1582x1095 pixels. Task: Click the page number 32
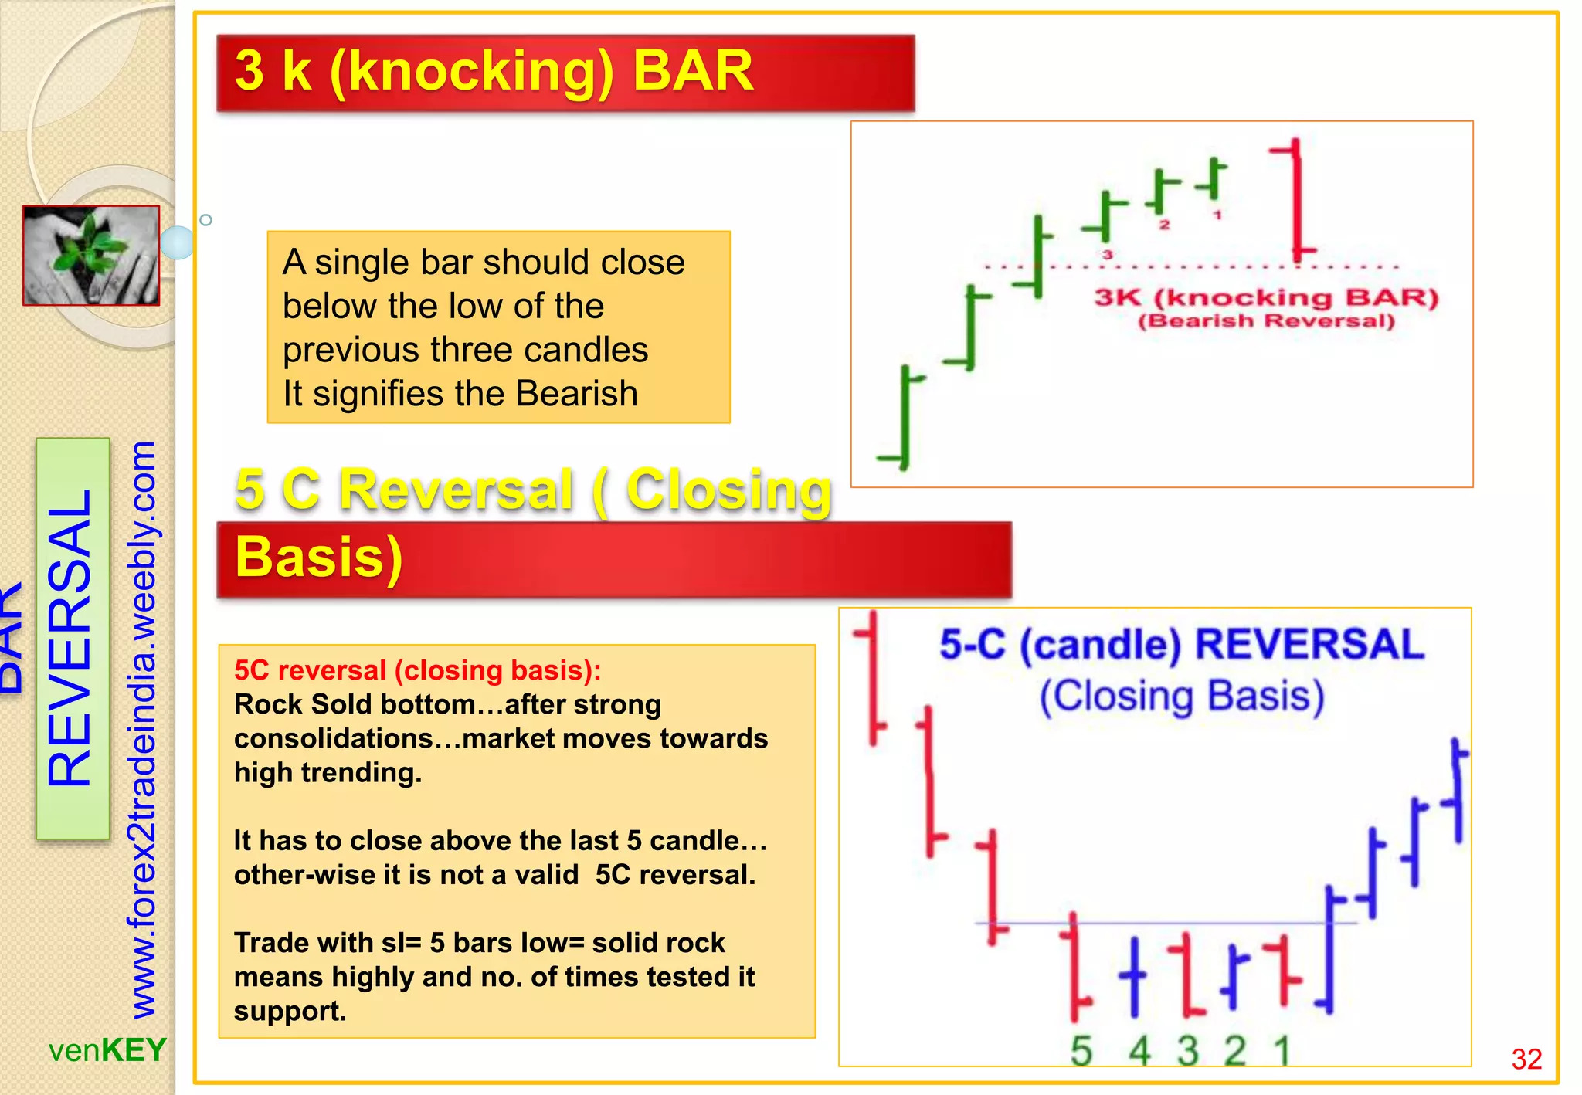point(1526,1059)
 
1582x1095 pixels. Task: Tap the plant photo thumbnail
point(91,256)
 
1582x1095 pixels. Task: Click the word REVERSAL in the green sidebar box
point(71,638)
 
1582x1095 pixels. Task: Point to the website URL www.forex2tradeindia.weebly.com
point(142,730)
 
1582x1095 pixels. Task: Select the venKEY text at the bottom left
point(107,1050)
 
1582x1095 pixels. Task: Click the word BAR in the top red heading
point(693,71)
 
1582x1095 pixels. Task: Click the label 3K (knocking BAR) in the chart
point(1266,297)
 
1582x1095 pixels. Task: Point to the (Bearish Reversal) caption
point(1266,321)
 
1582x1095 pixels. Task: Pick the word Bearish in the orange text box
point(576,394)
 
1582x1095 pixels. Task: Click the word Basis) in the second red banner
point(318,557)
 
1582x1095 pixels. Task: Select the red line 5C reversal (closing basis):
point(417,670)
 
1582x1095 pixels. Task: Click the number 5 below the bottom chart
point(1081,1051)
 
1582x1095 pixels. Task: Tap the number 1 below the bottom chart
point(1282,1051)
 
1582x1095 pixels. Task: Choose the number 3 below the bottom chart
point(1188,1051)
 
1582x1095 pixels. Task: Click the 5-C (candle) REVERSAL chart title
point(1182,644)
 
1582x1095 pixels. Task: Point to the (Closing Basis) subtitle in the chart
point(1182,696)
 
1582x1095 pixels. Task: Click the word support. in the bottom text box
point(290,1011)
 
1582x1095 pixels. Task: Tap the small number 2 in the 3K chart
point(1165,225)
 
